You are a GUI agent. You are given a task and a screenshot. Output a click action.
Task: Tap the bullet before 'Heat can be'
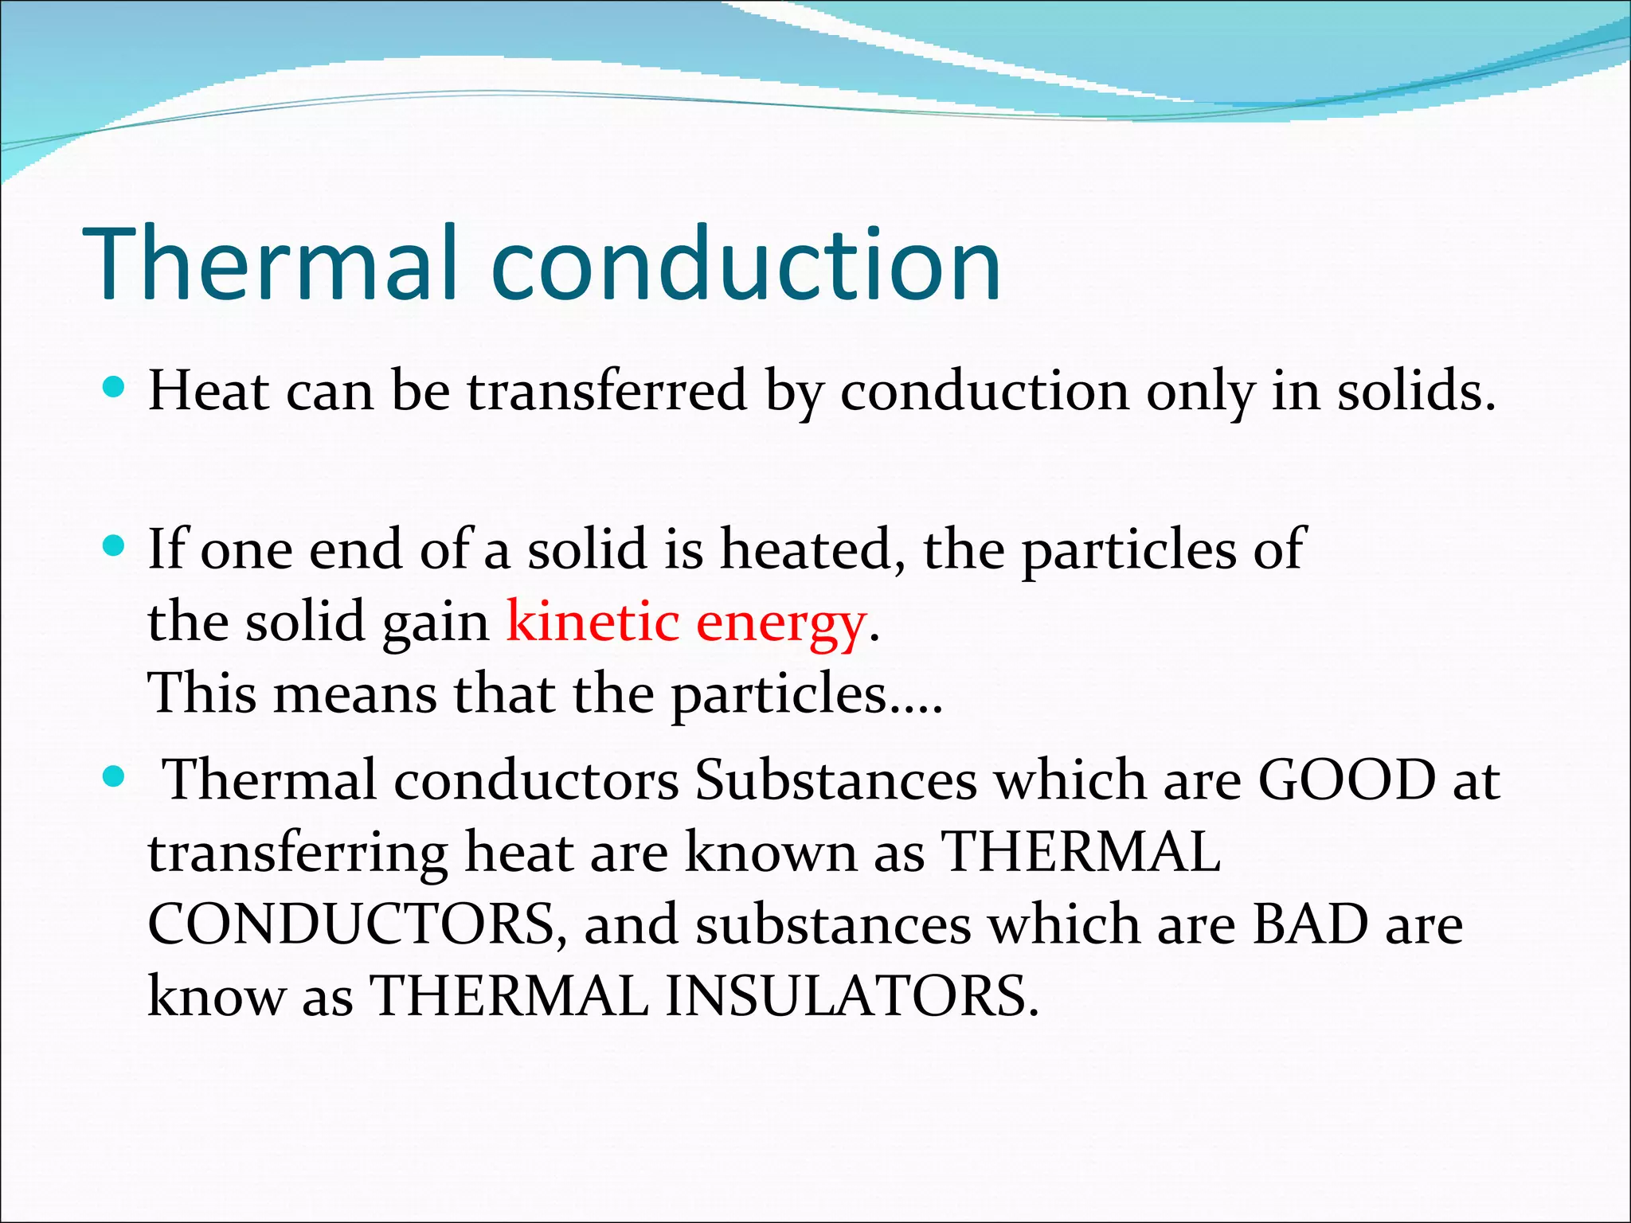coord(115,388)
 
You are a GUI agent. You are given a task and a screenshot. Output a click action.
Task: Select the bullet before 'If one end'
coord(115,546)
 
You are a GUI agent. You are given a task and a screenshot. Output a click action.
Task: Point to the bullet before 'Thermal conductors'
coord(115,776)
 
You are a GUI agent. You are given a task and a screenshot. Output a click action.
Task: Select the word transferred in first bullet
coord(607,392)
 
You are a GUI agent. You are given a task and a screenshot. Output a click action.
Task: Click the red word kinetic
coord(592,622)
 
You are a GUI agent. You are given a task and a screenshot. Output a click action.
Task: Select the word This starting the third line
coord(202,693)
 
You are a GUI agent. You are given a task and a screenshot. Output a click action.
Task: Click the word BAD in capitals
coord(1310,925)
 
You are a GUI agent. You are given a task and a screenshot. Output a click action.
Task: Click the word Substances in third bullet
coord(835,780)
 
